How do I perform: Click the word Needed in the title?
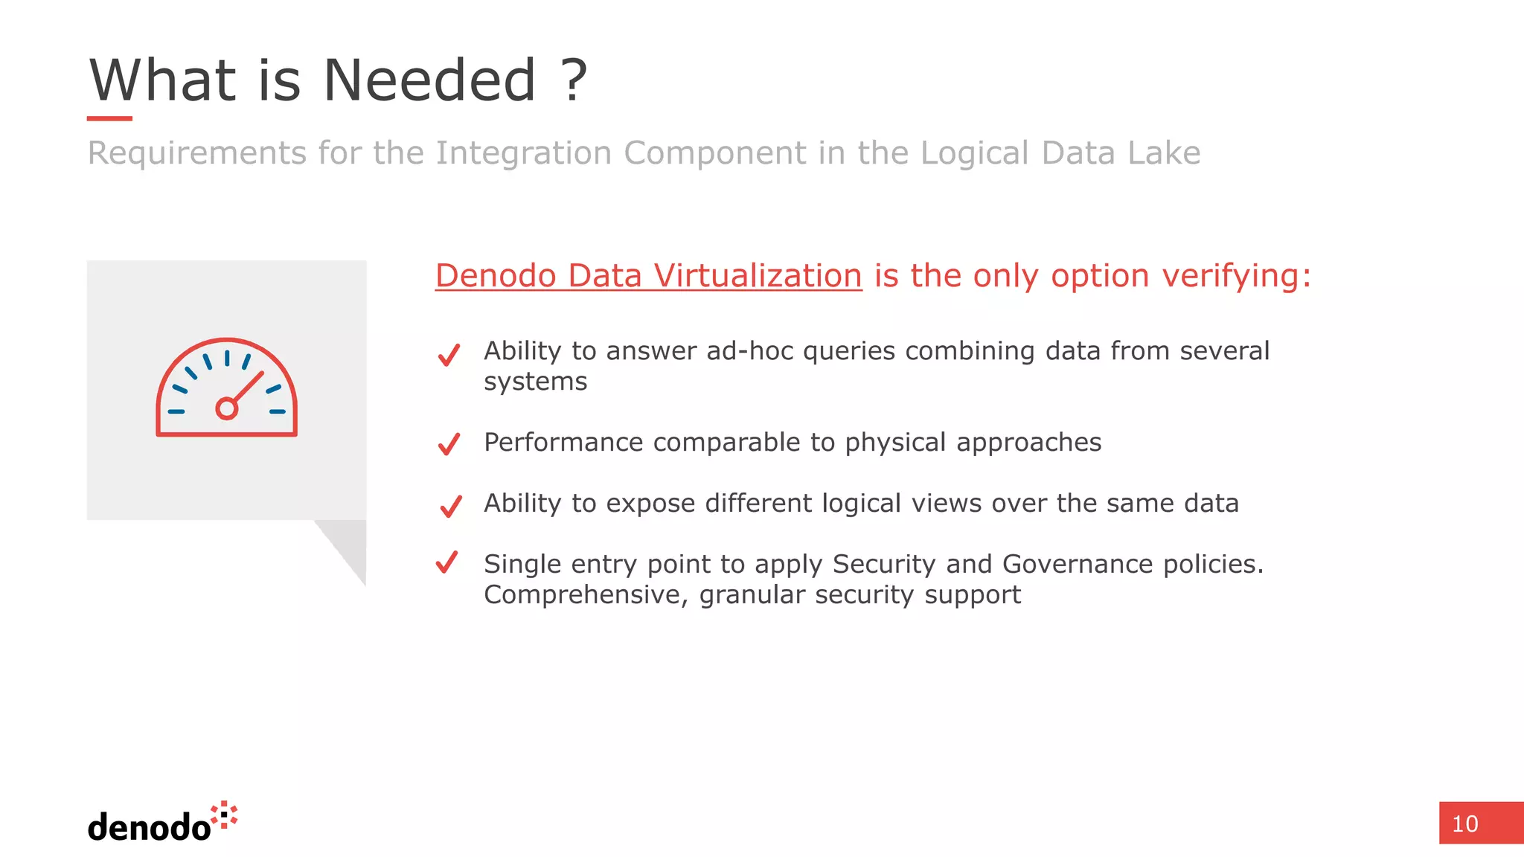[429, 80]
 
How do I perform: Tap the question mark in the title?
[574, 80]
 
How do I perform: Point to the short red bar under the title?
[109, 118]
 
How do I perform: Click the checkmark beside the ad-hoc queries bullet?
[449, 355]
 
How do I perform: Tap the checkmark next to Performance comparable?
[449, 444]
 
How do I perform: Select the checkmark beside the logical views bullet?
[450, 506]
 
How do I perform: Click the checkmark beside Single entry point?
[447, 562]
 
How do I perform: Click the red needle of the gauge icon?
[249, 387]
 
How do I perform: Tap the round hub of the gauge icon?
[226, 408]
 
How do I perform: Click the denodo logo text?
[150, 827]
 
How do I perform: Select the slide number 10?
[1465, 824]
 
